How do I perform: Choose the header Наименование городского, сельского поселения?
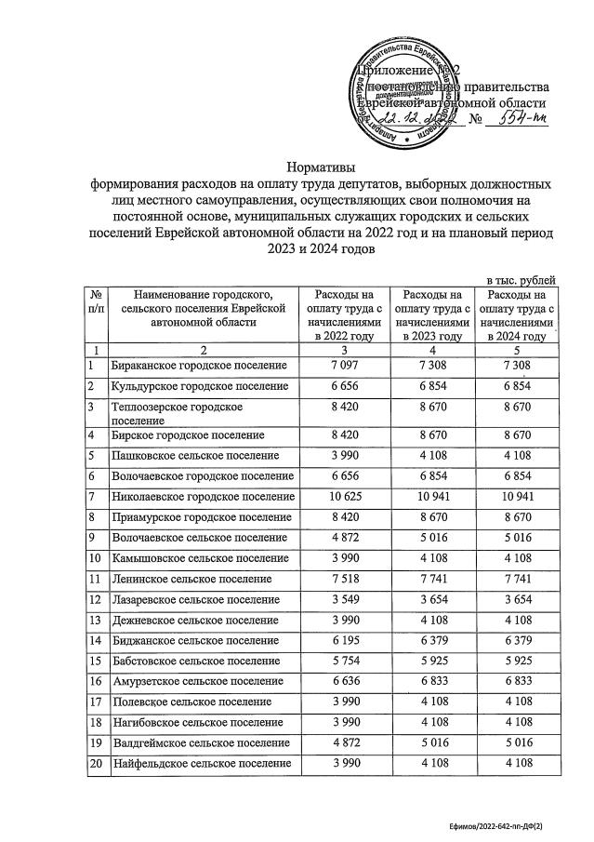tap(200, 308)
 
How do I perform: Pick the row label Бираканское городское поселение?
tap(198, 366)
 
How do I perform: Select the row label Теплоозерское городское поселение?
tap(177, 413)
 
